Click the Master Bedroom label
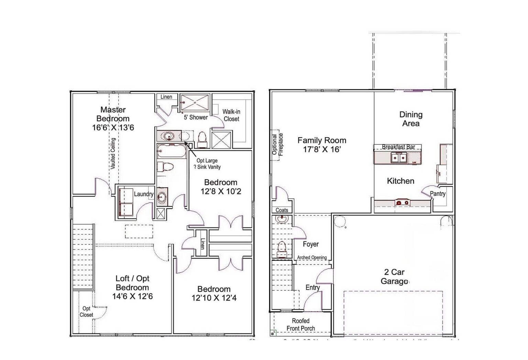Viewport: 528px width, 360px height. click(x=113, y=114)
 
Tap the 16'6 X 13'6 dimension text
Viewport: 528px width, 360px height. click(x=113, y=128)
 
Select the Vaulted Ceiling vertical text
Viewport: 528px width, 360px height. click(x=113, y=153)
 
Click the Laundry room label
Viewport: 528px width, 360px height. click(x=143, y=194)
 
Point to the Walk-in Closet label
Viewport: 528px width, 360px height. click(x=231, y=115)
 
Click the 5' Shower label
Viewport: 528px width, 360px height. click(x=196, y=117)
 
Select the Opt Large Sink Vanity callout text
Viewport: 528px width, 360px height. click(x=207, y=164)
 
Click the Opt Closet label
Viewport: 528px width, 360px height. click(x=86, y=312)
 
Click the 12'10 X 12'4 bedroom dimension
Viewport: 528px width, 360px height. click(x=214, y=298)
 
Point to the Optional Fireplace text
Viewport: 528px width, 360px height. click(x=277, y=144)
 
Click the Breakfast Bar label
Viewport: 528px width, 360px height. click(x=398, y=147)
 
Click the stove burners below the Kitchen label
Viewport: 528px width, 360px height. click(x=402, y=203)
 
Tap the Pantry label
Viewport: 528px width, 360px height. click(x=438, y=194)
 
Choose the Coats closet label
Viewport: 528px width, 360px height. click(x=282, y=210)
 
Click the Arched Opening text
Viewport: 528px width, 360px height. click(x=312, y=258)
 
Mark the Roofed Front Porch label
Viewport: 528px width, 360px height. click(x=301, y=325)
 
